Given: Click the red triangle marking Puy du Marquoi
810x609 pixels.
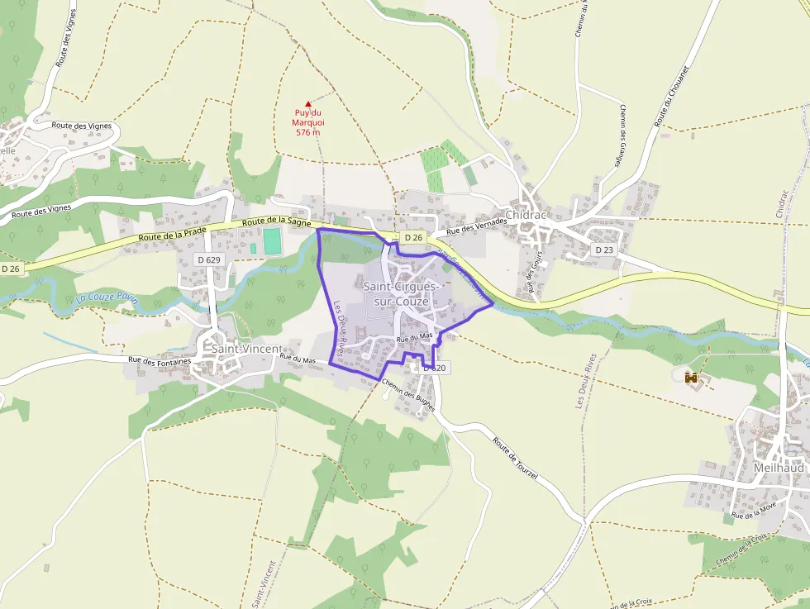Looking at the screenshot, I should [308, 104].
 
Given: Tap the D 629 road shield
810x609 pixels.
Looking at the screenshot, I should [209, 259].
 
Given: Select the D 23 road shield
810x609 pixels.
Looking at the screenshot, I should [604, 250].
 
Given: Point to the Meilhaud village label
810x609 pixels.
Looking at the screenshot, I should [779, 467].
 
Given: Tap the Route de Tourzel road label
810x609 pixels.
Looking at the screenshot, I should [515, 460].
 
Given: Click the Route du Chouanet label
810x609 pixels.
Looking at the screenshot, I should [671, 98].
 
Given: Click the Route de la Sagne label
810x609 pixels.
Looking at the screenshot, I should [277, 221].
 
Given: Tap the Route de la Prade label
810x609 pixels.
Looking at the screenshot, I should [173, 237].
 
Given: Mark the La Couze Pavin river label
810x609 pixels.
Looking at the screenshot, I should [105, 299].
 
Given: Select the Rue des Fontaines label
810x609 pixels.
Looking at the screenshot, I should [160, 360].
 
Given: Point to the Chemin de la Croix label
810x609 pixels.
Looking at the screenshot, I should [741, 551].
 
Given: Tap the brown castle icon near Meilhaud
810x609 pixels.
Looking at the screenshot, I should [692, 377].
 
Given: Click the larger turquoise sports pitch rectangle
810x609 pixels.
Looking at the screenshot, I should [271, 241].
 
